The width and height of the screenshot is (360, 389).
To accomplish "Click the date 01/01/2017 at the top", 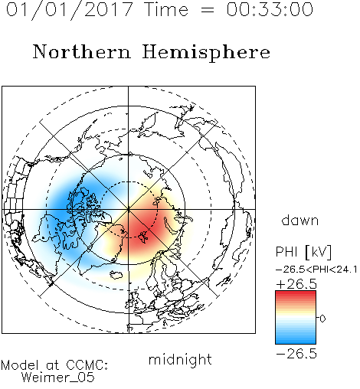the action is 69,10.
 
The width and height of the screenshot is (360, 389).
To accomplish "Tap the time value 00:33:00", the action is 270,9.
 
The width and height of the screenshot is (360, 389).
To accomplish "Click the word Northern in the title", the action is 82,51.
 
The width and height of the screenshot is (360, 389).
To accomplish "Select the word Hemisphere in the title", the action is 206,53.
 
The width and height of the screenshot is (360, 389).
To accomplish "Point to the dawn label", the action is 300,220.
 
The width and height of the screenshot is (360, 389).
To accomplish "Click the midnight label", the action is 180,360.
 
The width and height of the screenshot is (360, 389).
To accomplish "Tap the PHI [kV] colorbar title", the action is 303,252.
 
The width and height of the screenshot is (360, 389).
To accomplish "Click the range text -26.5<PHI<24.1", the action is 316,270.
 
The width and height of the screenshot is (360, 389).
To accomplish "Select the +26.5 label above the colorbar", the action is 296,284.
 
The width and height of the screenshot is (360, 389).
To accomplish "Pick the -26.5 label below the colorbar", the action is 296,354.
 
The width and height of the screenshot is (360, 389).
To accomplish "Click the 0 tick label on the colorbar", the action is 322,319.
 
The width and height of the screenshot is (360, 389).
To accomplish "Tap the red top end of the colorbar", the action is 296,293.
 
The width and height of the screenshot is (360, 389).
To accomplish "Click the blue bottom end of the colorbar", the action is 296,342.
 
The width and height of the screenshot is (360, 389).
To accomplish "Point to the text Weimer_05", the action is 58,378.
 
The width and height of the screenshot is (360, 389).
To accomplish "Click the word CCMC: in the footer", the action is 87,365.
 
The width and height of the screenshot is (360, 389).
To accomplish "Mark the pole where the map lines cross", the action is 129,209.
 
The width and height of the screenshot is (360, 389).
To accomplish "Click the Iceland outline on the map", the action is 116,275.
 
